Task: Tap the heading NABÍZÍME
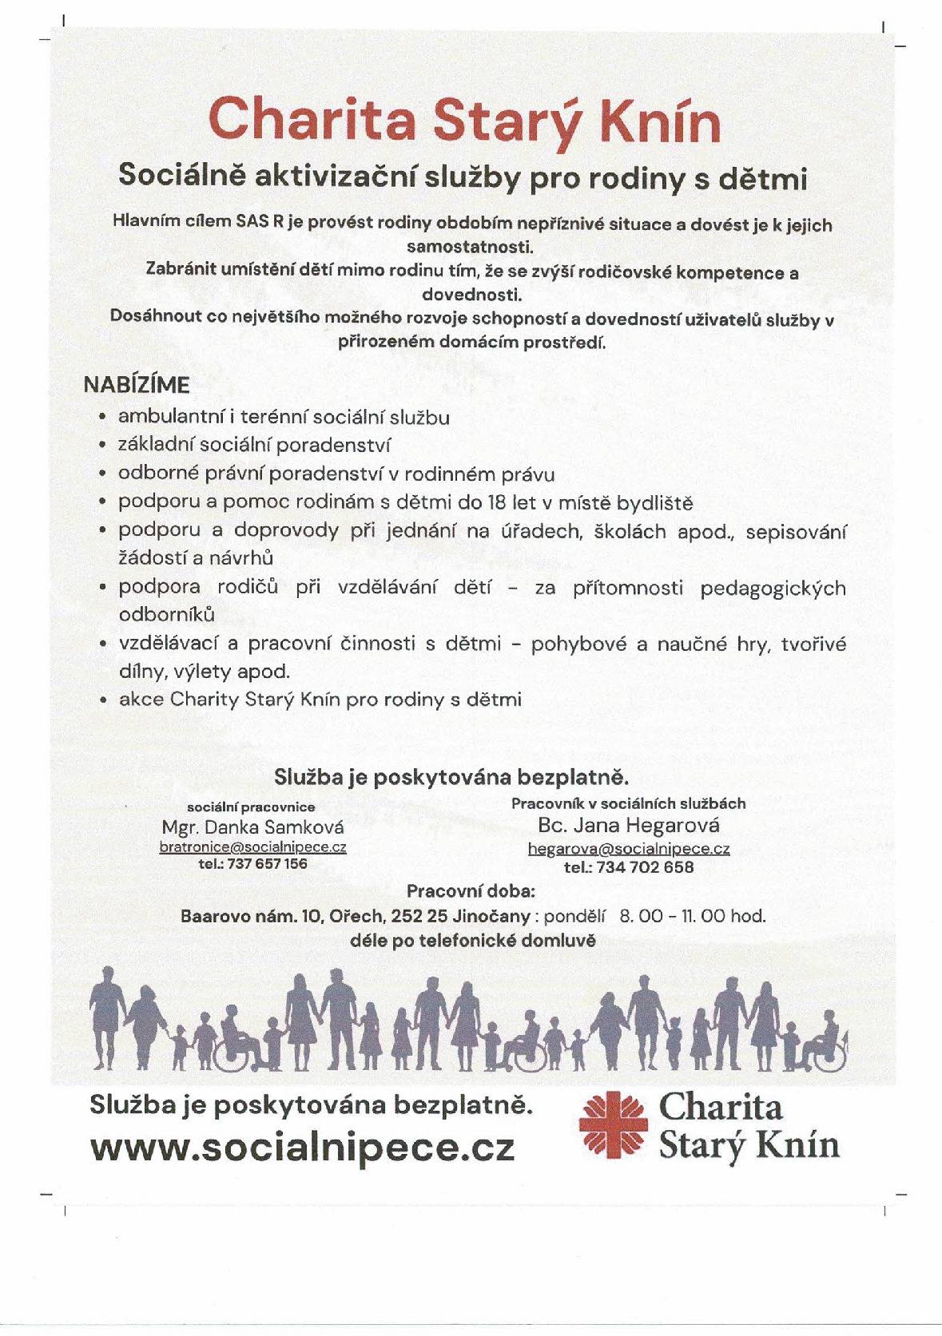point(137,385)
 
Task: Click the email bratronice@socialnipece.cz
point(252,847)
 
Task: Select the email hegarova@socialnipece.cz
point(629,850)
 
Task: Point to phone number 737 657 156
point(267,864)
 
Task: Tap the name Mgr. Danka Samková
point(252,827)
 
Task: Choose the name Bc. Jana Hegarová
point(629,825)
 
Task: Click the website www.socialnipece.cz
point(302,1147)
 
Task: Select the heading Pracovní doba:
point(471,891)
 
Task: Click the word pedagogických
point(773,589)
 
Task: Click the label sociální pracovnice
point(251,807)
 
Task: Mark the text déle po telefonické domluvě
point(473,940)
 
